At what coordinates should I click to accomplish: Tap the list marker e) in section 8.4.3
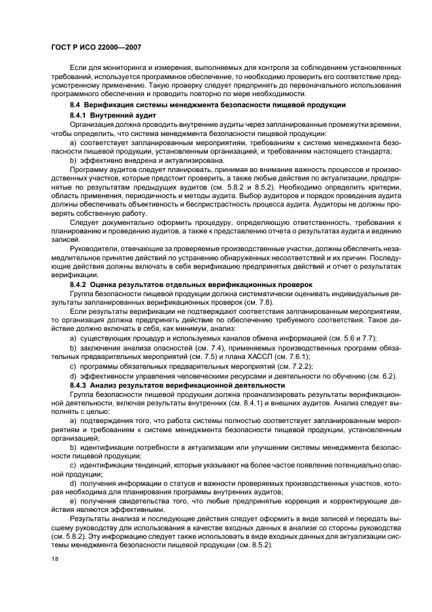(x=73, y=500)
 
